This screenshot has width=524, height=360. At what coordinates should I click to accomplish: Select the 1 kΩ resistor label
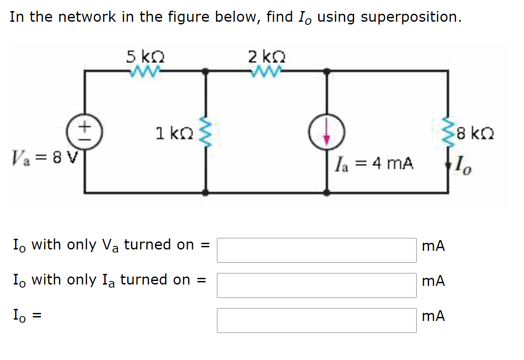173,133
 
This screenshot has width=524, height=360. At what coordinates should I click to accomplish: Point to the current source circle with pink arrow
327,133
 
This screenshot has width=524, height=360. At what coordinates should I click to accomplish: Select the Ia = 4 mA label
375,164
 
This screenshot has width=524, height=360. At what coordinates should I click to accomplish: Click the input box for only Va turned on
316,250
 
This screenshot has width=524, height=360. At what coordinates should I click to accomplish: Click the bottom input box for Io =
316,320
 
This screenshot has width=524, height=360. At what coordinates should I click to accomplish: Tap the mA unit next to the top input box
433,246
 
